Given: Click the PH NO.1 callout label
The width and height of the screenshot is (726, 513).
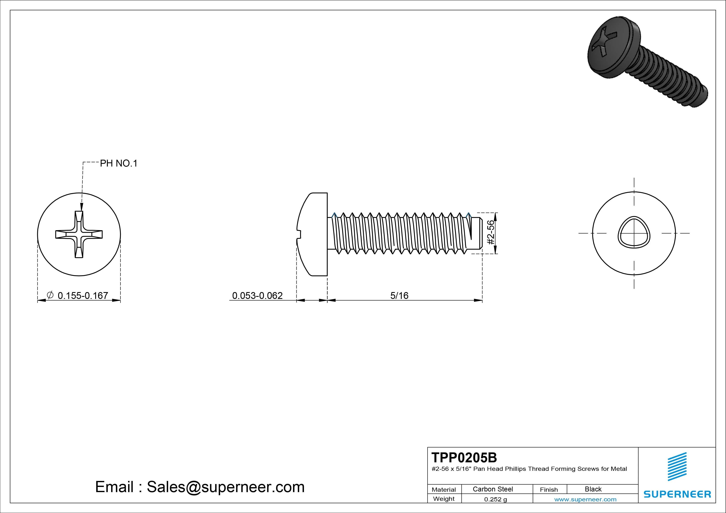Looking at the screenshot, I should (x=119, y=163).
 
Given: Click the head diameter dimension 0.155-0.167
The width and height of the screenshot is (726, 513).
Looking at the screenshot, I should (x=83, y=296).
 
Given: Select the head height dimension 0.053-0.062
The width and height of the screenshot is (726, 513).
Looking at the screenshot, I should (x=257, y=296).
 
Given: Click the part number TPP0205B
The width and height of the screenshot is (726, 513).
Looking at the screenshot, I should (x=464, y=457).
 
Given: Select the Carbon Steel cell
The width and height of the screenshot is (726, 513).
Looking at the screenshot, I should (x=493, y=489).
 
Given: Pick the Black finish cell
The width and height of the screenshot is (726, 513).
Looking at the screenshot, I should (x=593, y=489).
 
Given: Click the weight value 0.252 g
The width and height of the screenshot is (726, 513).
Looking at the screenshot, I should (x=495, y=499).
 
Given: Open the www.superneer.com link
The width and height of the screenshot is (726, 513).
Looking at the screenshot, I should (x=585, y=499).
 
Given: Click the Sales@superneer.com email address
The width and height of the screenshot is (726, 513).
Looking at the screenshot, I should (x=225, y=487).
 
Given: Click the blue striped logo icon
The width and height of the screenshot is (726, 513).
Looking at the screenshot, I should (x=677, y=466).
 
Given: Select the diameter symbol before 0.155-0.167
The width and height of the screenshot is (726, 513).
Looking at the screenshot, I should (x=50, y=295).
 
